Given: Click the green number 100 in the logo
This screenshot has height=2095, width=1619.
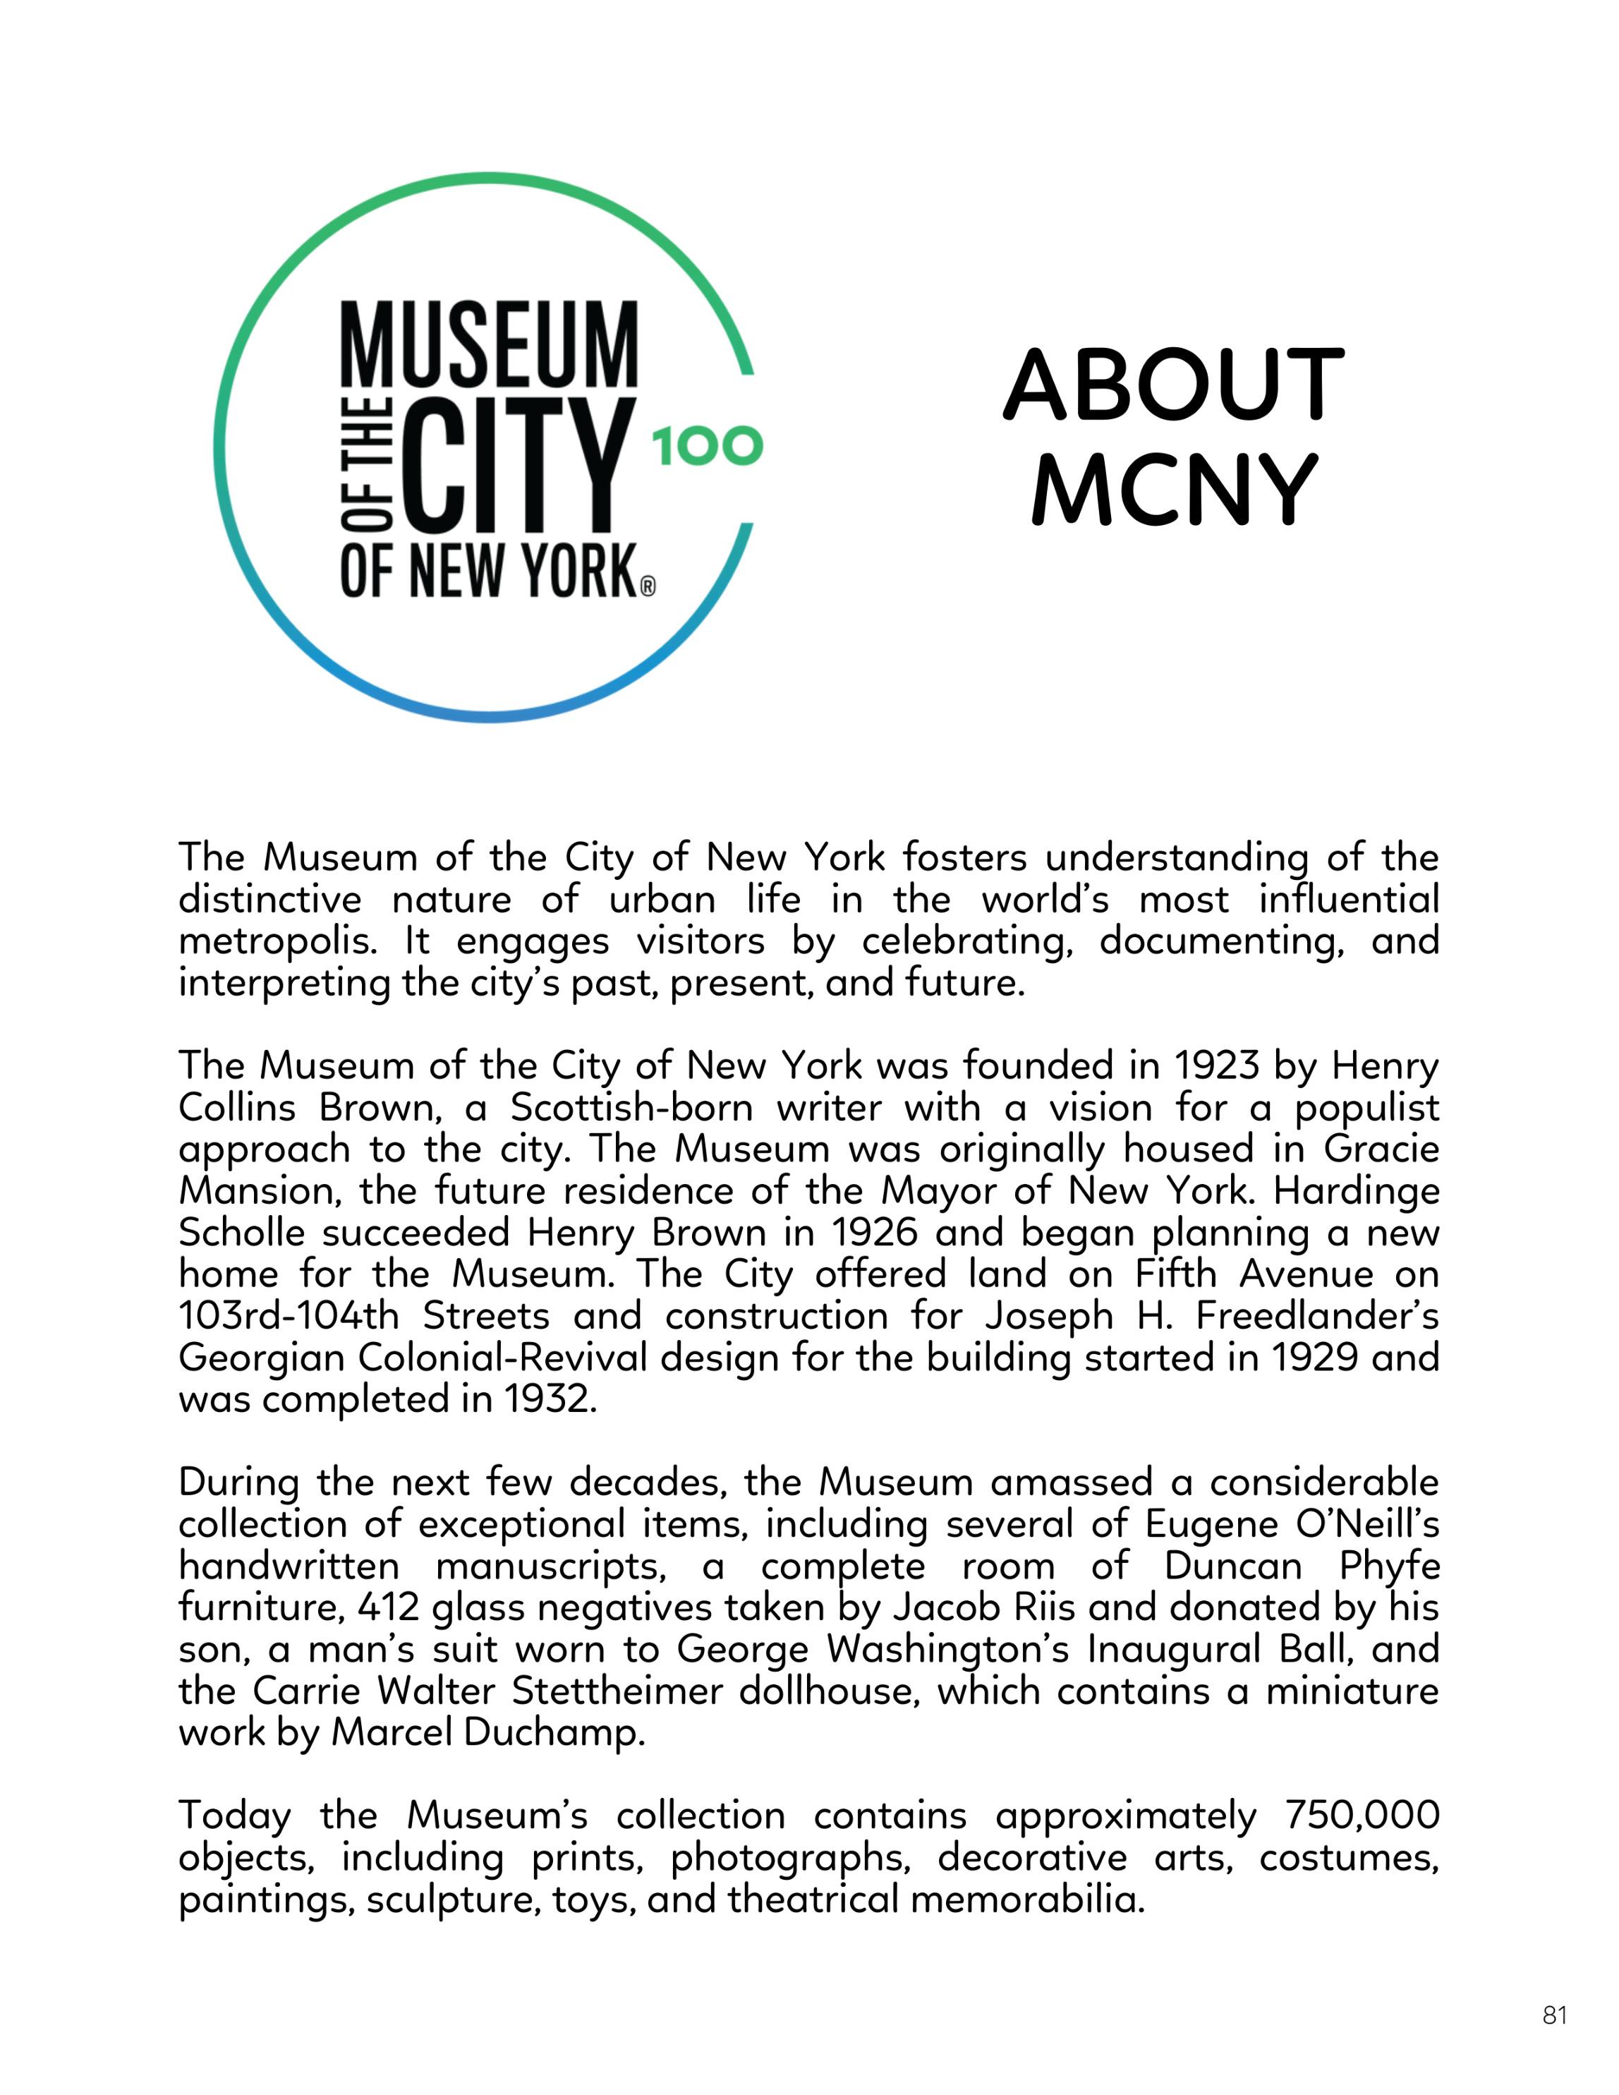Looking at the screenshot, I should (707, 447).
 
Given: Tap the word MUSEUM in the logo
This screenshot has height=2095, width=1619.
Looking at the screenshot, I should (489, 344).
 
